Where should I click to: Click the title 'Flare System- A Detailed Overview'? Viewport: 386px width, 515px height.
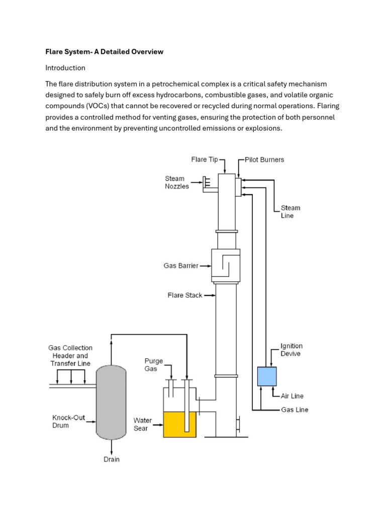(104, 52)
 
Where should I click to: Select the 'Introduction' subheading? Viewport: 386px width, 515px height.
(65, 67)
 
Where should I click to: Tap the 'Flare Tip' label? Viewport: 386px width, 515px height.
(205, 159)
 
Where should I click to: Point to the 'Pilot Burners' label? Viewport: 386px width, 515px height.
(264, 159)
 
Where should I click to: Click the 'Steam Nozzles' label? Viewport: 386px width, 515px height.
(177, 182)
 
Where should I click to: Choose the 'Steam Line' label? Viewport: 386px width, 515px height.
(291, 212)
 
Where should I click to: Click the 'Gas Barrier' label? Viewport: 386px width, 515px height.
(181, 266)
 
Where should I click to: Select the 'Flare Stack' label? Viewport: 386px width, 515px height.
(184, 295)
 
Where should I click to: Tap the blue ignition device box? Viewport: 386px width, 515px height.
(267, 376)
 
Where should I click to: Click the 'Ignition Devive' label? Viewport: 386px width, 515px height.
(292, 350)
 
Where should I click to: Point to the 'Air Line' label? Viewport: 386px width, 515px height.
(292, 396)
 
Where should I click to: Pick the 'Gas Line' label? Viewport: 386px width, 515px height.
(295, 410)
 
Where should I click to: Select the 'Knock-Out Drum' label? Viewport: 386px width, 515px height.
(68, 421)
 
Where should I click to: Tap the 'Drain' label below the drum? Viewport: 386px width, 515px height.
(112, 459)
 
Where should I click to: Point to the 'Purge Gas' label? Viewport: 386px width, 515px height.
(154, 365)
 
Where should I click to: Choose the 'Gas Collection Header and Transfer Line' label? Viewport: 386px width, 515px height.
(70, 355)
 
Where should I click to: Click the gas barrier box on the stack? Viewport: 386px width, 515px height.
(226, 266)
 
